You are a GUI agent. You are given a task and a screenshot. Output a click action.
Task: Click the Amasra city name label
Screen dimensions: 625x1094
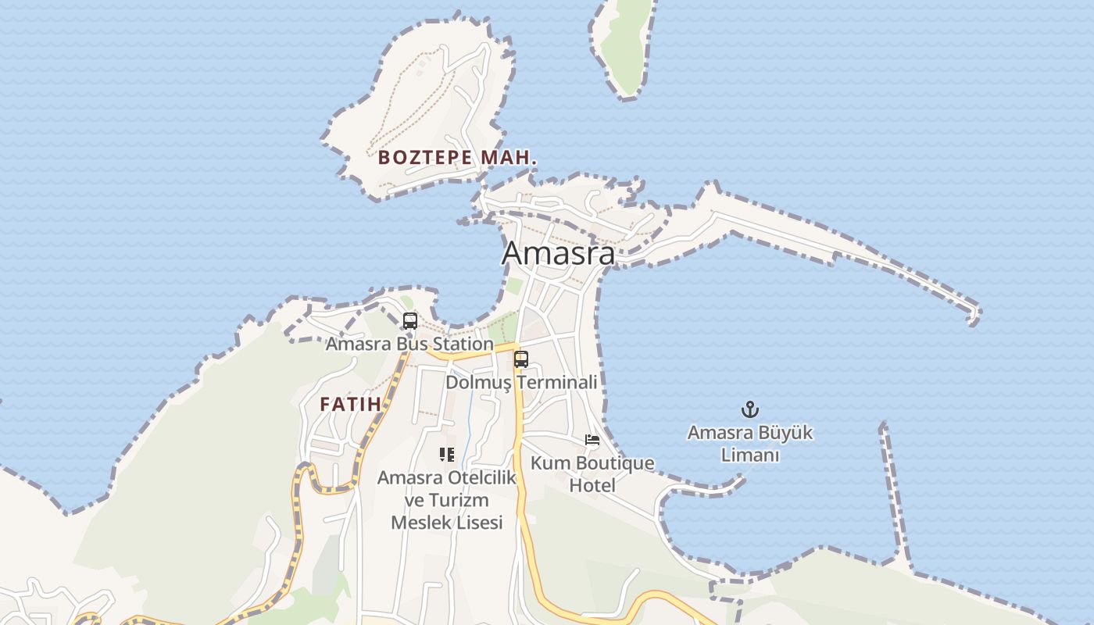(558, 253)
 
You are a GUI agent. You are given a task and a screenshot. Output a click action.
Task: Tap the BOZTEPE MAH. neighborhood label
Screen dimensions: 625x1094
(457, 157)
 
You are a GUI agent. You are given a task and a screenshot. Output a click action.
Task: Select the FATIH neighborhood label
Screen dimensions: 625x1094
(350, 404)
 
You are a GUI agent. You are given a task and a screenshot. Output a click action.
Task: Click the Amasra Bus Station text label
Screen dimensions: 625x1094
(409, 344)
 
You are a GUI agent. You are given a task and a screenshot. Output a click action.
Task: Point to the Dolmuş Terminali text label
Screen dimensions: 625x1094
(521, 382)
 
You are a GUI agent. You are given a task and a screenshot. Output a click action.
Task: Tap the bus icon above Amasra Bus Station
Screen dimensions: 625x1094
(409, 320)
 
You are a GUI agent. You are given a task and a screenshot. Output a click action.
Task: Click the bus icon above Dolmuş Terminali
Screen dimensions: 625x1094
(521, 359)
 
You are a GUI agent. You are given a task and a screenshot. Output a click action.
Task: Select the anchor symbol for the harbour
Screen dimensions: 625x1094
(750, 409)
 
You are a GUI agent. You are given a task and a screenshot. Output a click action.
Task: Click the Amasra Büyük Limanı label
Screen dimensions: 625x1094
(750, 443)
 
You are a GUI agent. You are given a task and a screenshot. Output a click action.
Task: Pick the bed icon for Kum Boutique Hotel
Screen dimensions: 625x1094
(592, 440)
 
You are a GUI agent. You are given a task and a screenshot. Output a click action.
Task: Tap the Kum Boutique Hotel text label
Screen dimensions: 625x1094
(592, 473)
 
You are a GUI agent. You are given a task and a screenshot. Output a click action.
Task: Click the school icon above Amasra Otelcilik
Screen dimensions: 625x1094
(447, 454)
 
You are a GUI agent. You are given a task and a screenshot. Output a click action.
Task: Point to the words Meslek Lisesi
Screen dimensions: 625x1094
(447, 523)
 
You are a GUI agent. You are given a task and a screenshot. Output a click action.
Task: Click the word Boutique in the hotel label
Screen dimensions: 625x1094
(614, 463)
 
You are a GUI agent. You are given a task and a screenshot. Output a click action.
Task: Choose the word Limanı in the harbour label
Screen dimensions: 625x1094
(750, 455)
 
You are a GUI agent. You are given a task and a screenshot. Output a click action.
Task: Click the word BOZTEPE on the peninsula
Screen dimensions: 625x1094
(426, 157)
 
